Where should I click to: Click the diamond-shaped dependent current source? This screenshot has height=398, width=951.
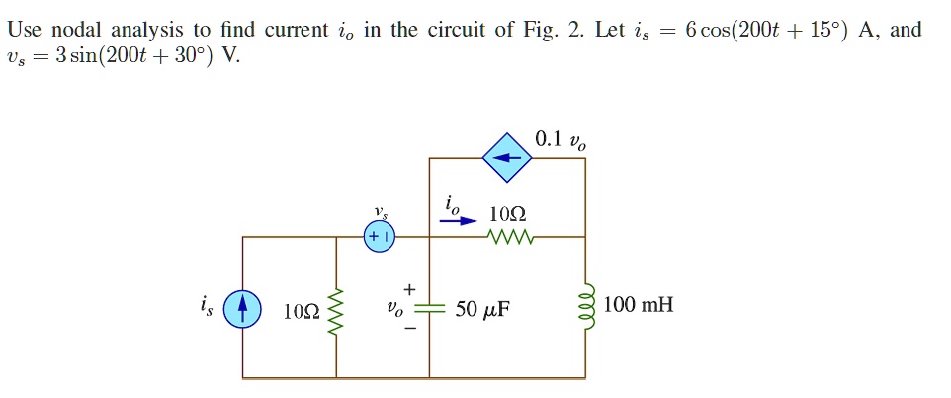click(507, 157)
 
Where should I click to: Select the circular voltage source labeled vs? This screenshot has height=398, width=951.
click(380, 237)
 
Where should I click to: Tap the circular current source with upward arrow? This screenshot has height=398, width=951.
click(242, 309)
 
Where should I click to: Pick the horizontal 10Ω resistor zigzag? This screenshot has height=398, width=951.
click(509, 237)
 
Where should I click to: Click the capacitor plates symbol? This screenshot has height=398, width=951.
click(429, 308)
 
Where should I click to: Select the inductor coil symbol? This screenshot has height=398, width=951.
click(586, 309)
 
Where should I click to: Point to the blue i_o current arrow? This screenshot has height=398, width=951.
click(457, 222)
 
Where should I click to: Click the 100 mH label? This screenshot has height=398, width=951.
click(638, 305)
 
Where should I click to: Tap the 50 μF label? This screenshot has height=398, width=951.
click(482, 310)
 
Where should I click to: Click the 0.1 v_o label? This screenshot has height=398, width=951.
click(560, 140)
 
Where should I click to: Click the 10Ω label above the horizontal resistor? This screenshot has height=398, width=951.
click(507, 214)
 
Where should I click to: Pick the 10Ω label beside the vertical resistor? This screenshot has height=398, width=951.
click(301, 311)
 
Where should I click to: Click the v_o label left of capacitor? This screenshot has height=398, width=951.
click(394, 310)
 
